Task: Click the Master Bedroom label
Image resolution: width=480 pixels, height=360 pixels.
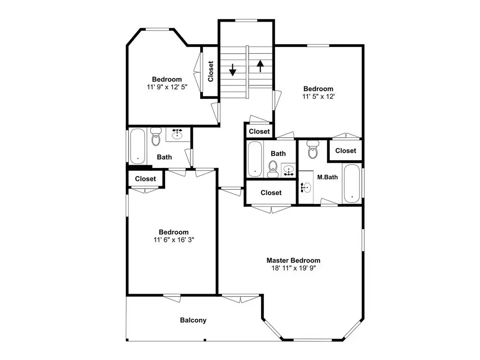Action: pos(293,261)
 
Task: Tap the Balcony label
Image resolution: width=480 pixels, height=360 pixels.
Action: pos(193,320)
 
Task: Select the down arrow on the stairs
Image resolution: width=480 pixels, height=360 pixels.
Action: pos(233,70)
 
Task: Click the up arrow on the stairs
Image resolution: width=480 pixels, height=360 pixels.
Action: pos(260,66)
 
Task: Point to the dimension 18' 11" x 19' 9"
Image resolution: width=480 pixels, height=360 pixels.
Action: pos(293,268)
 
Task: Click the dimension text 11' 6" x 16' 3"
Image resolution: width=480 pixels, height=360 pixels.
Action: pos(174,240)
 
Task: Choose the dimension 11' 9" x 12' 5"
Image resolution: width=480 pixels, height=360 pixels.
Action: pos(167,87)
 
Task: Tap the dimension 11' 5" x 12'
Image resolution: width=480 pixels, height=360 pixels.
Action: pos(318,96)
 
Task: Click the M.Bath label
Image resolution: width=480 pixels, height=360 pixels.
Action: pos(327,177)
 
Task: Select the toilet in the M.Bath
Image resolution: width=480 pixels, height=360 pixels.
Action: pos(312,149)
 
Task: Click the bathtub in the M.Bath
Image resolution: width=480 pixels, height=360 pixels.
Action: pos(352,183)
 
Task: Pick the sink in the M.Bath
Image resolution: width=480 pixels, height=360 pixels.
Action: pos(306,187)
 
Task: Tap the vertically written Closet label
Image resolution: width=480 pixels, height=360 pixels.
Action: pos(211,72)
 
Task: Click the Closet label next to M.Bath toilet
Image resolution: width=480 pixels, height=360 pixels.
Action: pos(346,151)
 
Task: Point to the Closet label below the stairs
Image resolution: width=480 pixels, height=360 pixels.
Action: pos(259,132)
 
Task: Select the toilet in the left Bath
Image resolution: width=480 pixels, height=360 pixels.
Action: pos(156,136)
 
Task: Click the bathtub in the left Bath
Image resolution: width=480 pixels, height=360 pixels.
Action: pos(137,146)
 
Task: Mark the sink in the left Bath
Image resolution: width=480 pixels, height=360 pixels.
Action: pos(177,134)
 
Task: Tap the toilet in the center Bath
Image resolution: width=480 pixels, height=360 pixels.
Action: pos(272,169)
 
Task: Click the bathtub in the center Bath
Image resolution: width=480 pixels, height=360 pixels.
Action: pos(255,158)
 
